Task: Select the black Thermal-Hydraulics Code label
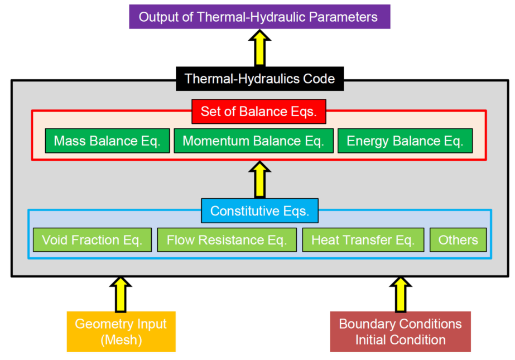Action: coord(259,79)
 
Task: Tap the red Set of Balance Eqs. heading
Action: coord(258,112)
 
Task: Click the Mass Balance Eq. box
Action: coord(107,141)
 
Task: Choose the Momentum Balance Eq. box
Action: coord(253,141)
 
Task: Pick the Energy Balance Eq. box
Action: coord(405,141)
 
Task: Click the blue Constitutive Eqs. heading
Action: coord(259,212)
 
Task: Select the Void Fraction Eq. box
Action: coord(92,241)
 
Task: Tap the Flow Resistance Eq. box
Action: coord(227,241)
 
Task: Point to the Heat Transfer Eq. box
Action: coord(363,241)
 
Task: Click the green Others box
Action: coord(458,241)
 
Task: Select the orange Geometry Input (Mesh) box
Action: coord(121,332)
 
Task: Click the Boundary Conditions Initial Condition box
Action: coord(400,332)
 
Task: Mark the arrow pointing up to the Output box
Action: coord(259,49)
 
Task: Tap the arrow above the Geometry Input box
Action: coord(121,294)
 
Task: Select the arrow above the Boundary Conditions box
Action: coord(400,294)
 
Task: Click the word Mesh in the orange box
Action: coord(121,339)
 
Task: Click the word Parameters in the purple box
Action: coord(344,17)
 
